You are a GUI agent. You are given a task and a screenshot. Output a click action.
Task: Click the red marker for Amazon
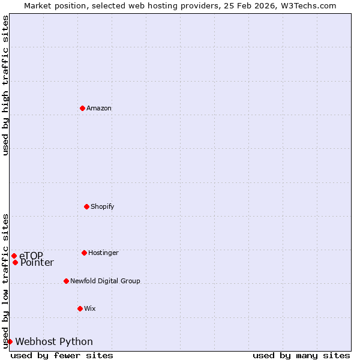point(83,108)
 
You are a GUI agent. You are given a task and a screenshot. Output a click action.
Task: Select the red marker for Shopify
point(86,206)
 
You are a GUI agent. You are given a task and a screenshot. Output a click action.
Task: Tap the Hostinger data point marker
point(84,253)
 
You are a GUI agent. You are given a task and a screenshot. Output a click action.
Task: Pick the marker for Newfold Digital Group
point(66,281)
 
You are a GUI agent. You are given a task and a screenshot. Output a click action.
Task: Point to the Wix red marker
point(80,308)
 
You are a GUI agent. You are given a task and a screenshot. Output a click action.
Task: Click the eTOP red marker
point(14,256)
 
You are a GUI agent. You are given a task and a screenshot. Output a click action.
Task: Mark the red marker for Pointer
point(15,262)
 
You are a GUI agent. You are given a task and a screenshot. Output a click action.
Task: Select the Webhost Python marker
point(10,341)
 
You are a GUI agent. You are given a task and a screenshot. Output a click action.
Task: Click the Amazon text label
point(99,108)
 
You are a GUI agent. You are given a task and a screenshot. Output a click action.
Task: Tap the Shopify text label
point(102,206)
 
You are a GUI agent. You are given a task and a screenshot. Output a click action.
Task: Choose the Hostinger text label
point(103,253)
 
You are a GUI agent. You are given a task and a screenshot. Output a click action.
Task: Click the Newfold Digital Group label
point(105,281)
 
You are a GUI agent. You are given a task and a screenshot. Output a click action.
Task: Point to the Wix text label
point(89,308)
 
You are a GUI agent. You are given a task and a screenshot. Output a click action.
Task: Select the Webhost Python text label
point(54,341)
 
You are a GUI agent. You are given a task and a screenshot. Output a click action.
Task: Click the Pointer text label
point(37,263)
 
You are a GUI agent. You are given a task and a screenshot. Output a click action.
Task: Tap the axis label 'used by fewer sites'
point(62,355)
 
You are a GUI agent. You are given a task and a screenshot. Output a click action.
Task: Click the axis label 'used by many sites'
point(301,355)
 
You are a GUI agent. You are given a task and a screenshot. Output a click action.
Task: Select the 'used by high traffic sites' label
point(5,85)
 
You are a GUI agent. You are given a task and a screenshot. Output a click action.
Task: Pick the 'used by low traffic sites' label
point(5,280)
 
